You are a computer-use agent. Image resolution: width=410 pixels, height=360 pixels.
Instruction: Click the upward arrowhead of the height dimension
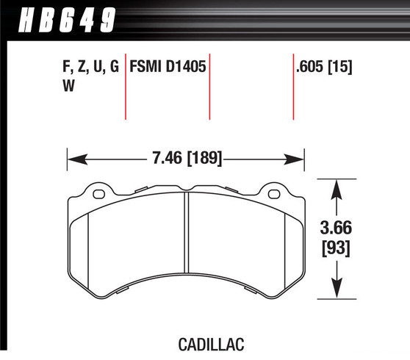[x=337, y=187]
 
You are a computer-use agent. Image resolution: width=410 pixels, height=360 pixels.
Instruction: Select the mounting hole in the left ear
[x=98, y=195]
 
